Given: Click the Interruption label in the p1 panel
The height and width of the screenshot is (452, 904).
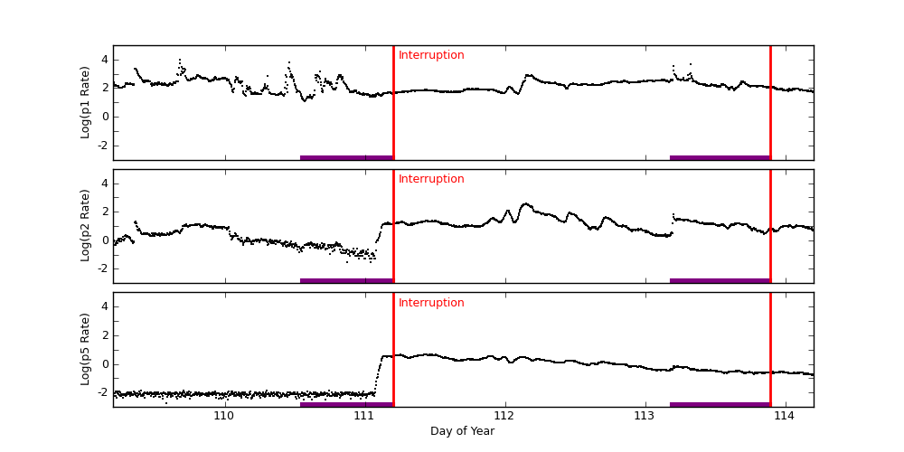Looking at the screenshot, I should pos(431,55).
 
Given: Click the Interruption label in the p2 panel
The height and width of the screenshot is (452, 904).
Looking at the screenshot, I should pos(431,179).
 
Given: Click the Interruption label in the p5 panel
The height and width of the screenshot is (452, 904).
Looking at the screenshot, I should pos(431,303).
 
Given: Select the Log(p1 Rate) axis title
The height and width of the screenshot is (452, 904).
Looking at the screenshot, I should pos(86,102).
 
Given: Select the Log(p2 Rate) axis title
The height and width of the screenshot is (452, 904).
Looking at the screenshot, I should pos(86,226).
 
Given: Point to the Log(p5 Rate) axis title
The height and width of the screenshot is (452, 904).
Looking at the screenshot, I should pos(86,349).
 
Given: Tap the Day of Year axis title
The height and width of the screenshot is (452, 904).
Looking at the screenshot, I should pos(462,431).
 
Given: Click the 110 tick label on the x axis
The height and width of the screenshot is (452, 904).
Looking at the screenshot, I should pos(224,416).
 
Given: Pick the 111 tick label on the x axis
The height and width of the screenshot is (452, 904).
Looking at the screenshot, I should pos(364,416).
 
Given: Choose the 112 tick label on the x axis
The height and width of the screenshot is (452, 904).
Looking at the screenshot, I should pos(504,416).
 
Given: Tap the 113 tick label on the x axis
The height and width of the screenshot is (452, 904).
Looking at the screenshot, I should pos(645,416).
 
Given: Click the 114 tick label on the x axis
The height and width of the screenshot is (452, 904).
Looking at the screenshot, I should pos(785,416).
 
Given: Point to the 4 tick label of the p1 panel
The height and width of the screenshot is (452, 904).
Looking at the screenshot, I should pos(105,60).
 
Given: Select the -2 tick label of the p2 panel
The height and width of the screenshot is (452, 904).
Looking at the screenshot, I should pos(102,268).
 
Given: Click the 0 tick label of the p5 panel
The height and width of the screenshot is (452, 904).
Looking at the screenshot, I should pos(105,364).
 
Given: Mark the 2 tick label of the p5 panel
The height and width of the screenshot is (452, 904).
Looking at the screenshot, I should pos(105,335).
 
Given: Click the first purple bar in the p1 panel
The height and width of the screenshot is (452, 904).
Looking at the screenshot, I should pos(346,157).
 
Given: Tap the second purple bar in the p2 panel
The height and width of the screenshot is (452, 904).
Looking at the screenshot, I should pos(720,280).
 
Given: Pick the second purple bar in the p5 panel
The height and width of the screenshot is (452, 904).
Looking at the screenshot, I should pos(720,404).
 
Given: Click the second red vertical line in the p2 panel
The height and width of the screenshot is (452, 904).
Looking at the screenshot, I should pos(770,226).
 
